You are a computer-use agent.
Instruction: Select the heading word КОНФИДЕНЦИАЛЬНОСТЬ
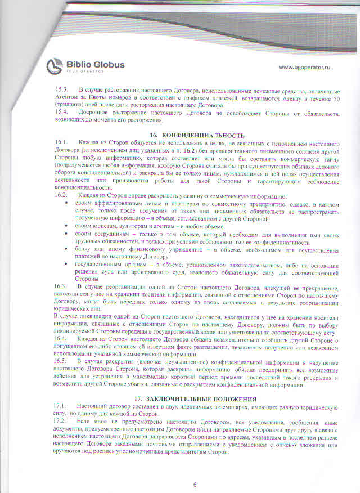(195, 136)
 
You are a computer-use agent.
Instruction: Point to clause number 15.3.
(61, 90)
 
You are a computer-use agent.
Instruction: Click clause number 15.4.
(61, 112)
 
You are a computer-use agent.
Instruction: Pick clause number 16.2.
(61, 195)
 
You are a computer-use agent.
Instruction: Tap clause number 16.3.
(61, 287)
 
